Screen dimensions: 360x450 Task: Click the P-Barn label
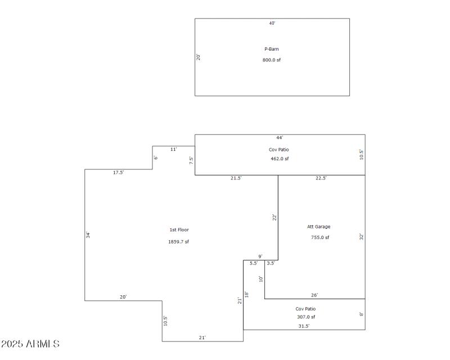(x=272, y=49)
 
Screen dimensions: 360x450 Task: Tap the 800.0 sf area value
(x=272, y=60)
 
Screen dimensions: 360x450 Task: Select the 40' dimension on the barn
(x=272, y=23)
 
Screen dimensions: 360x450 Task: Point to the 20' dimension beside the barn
(x=199, y=57)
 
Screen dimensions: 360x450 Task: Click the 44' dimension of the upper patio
(x=280, y=137)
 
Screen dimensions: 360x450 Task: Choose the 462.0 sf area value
(x=280, y=159)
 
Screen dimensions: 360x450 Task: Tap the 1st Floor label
(x=179, y=229)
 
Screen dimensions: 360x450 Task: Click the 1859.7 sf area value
(x=179, y=242)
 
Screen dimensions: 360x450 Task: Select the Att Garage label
(x=318, y=227)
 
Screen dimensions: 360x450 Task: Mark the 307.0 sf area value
(x=305, y=317)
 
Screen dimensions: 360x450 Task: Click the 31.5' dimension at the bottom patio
(x=304, y=326)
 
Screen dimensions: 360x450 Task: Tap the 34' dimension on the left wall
(x=88, y=235)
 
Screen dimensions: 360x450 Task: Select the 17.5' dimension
(x=118, y=173)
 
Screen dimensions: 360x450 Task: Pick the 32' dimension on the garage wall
(x=362, y=237)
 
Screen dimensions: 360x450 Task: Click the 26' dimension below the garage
(x=314, y=295)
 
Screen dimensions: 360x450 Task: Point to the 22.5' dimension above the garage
(x=321, y=178)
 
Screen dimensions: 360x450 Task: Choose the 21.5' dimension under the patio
(x=236, y=178)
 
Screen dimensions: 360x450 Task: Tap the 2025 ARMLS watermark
(x=30, y=344)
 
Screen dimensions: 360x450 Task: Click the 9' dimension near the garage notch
(x=260, y=256)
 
